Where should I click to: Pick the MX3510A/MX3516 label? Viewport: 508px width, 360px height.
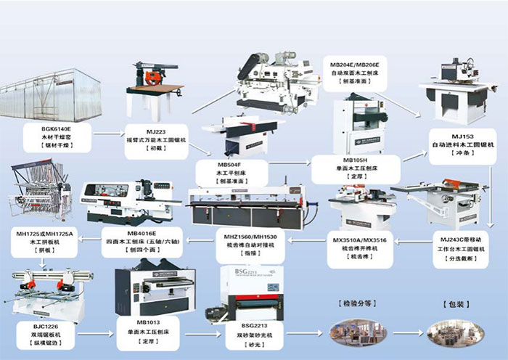coord(359,239)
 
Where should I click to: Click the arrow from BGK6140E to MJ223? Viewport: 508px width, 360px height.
coord(110,134)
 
